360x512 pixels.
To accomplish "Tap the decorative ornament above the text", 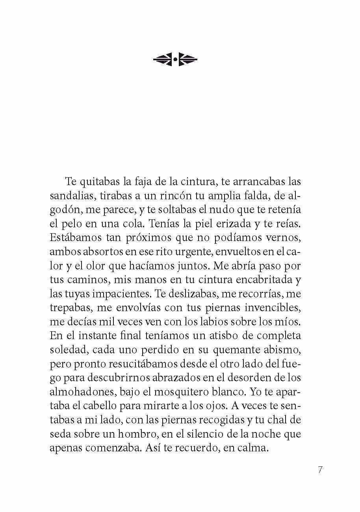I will (x=175, y=60).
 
